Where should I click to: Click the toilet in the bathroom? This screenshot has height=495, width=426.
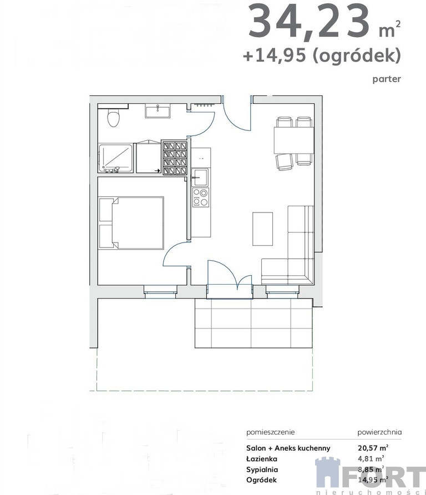pyautogui.click(x=113, y=118)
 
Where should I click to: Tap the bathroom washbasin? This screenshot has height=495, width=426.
pyautogui.click(x=158, y=112)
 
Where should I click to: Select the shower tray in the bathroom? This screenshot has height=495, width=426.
pyautogui.click(x=115, y=159)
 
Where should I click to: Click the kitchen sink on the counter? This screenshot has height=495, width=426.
pyautogui.click(x=200, y=177)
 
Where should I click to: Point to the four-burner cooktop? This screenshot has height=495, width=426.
pyautogui.click(x=200, y=197)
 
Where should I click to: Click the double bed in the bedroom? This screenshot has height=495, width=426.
pyautogui.click(x=131, y=223)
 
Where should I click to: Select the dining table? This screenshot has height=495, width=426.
pyautogui.click(x=293, y=140)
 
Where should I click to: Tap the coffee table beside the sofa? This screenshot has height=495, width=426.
pyautogui.click(x=262, y=229)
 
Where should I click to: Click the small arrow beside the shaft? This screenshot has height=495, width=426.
pyautogui.click(x=157, y=171)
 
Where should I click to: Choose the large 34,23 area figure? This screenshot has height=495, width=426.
pyautogui.click(x=309, y=22)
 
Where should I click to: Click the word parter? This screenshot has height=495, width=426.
pyautogui.click(x=387, y=79)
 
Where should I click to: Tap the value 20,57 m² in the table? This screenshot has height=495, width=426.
pyautogui.click(x=373, y=448)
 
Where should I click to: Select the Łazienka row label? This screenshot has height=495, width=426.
pyautogui.click(x=262, y=459)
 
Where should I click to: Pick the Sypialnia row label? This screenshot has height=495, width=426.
pyautogui.click(x=262, y=469)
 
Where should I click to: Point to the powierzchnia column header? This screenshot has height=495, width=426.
pyautogui.click(x=379, y=432)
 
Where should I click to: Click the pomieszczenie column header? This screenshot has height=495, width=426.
pyautogui.click(x=271, y=432)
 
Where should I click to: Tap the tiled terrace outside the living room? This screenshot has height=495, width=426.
pyautogui.click(x=253, y=323)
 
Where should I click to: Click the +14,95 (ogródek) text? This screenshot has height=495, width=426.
pyautogui.click(x=322, y=55)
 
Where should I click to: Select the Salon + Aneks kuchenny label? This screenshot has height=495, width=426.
pyautogui.click(x=288, y=448)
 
